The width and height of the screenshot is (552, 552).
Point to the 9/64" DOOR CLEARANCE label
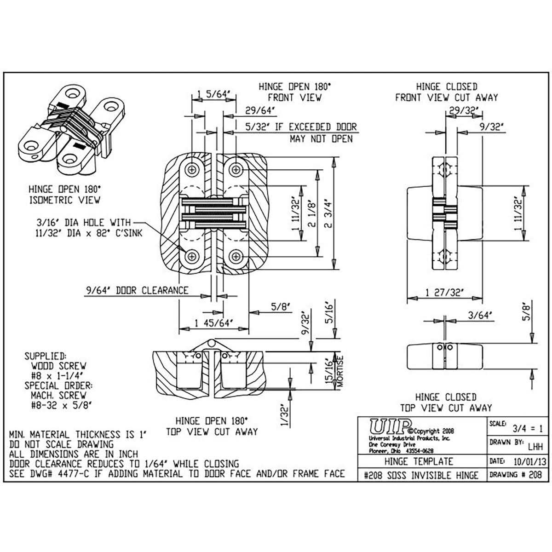[x=137, y=290]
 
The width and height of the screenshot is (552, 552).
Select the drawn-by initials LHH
[x=535, y=446]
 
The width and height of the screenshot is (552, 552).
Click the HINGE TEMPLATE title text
[x=422, y=461]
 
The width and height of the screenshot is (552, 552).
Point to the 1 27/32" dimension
[x=444, y=292]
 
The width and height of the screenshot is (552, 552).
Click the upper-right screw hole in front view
[x=236, y=170]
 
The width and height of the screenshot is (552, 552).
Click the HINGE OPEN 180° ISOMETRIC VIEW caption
[x=64, y=195]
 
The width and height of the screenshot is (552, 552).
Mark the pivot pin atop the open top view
[x=211, y=343]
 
